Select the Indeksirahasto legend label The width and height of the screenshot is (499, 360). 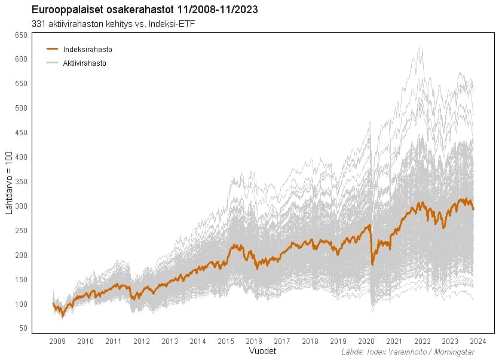pyautogui.click(x=87, y=50)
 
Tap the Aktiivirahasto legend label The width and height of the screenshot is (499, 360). pyautogui.click(x=84, y=63)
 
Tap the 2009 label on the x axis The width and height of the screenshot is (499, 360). pyautogui.click(x=57, y=341)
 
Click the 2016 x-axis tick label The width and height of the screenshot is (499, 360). pyautogui.click(x=254, y=341)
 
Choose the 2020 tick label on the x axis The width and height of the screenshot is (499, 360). pyautogui.click(x=366, y=341)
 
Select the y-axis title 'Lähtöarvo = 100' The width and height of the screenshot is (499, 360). pyautogui.click(x=10, y=184)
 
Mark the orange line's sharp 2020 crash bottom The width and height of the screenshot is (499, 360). pyautogui.click(x=373, y=264)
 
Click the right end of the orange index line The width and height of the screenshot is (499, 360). pyautogui.click(x=473, y=209)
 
